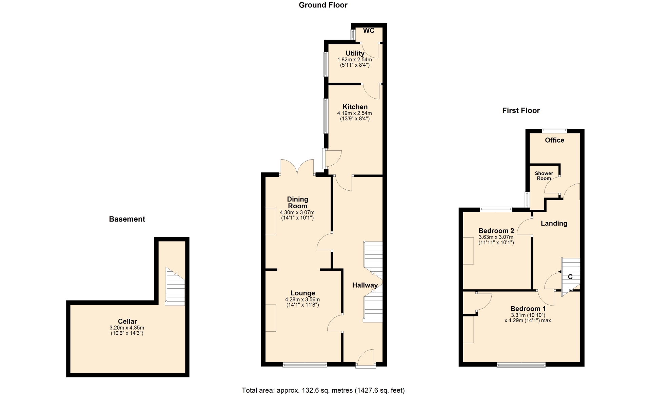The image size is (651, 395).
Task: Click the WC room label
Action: point(369,30)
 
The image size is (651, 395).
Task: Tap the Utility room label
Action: point(355,53)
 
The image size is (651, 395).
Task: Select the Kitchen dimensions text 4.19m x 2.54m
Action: point(354,113)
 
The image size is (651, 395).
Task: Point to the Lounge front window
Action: point(305,365)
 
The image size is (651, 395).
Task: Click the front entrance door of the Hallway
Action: point(366,358)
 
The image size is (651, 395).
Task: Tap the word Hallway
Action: point(365,285)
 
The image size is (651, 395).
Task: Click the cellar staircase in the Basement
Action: point(175,286)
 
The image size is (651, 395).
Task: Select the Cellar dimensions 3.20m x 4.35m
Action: point(127,328)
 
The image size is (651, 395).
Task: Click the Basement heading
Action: point(127,219)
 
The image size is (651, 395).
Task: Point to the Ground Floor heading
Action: point(323,5)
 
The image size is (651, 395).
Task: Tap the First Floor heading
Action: point(521,110)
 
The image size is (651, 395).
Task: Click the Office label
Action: point(554,140)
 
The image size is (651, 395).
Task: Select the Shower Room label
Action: point(544,176)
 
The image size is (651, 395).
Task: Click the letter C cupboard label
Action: point(570,277)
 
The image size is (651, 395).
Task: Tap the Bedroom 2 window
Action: point(496,209)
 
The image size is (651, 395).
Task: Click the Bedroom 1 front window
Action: point(521,365)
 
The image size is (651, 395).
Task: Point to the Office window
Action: point(555,130)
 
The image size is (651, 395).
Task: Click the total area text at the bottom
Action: point(323,390)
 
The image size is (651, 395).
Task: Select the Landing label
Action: point(554,224)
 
